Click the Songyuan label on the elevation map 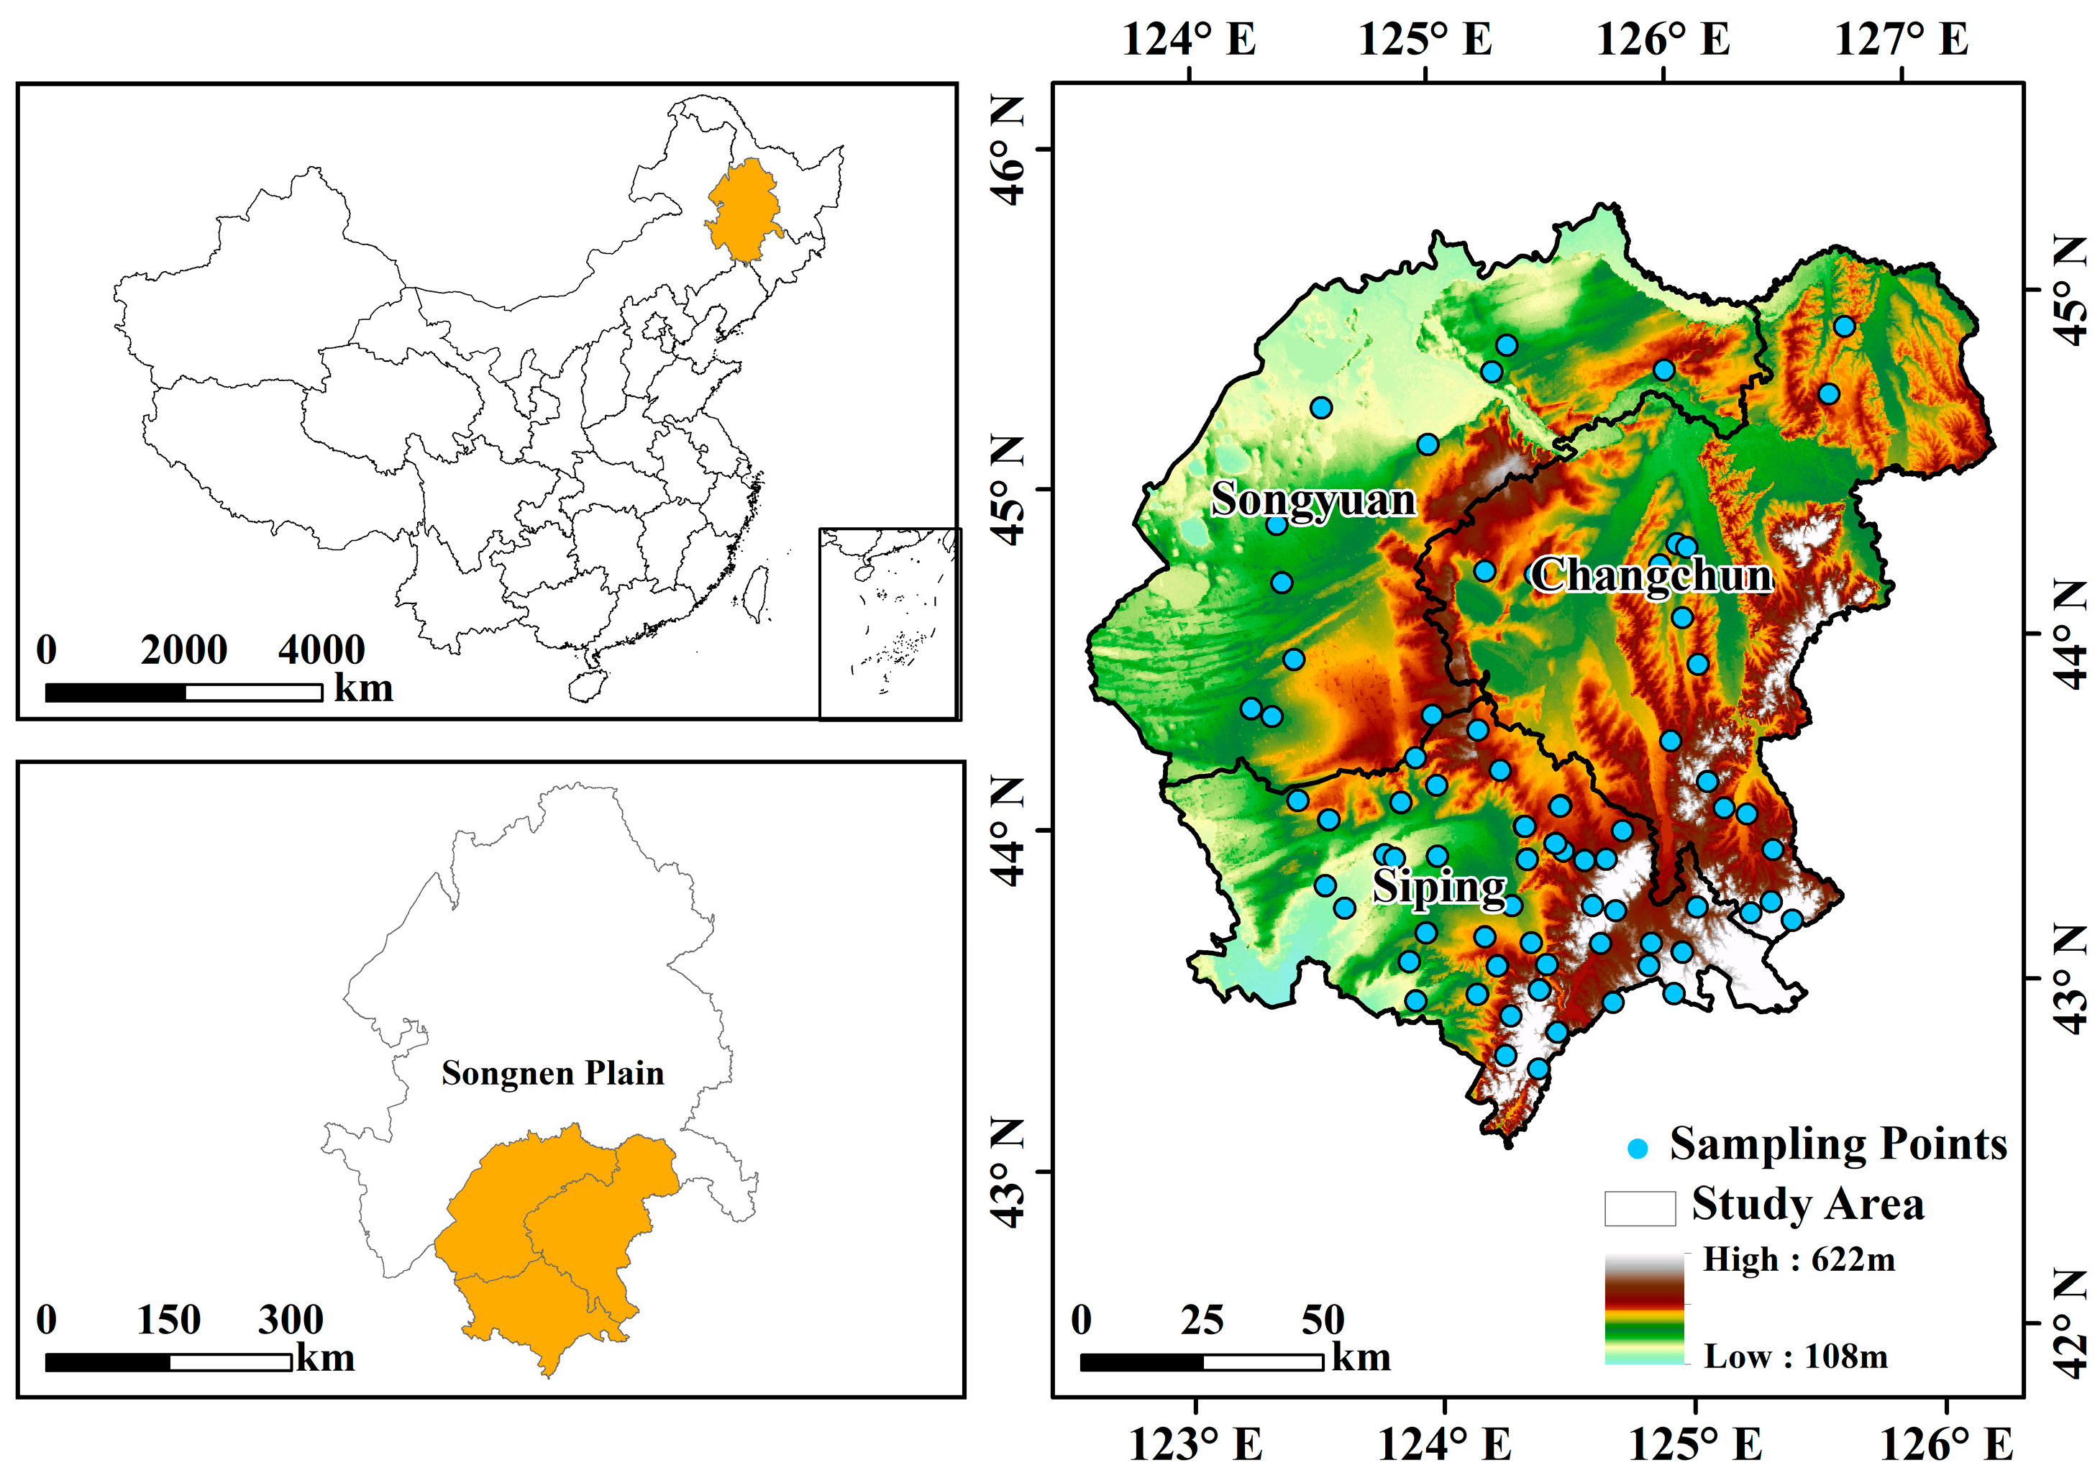click(x=1313, y=499)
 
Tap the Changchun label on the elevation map click(x=1652, y=575)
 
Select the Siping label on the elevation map click(x=1440, y=886)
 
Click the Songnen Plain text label click(x=552, y=1073)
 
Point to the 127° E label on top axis click(x=1902, y=40)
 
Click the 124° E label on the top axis click(x=1189, y=40)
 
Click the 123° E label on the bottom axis click(x=1195, y=1445)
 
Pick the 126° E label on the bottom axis click(x=1946, y=1445)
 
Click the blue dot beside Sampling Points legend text click(x=1638, y=1149)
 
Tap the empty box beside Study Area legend click(x=1640, y=1208)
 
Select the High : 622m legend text click(x=1798, y=1259)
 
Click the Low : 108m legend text click(x=1795, y=1356)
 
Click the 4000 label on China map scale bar click(x=321, y=650)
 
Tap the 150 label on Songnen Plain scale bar click(x=168, y=1320)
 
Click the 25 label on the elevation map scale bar click(x=1201, y=1320)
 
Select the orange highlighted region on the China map click(x=745, y=209)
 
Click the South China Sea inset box click(x=889, y=623)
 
